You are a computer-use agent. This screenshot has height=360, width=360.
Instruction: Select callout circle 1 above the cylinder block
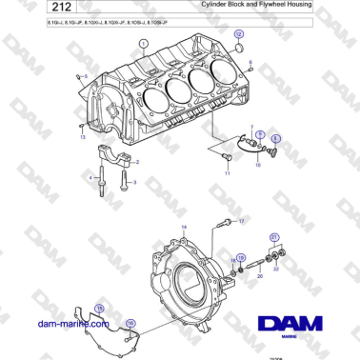[x=143, y=44]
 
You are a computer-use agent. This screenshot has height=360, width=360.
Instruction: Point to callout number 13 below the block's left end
[x=82, y=138]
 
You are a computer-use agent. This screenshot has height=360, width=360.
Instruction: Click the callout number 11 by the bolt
[x=228, y=174]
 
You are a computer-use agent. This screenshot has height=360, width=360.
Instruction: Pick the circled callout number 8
[x=276, y=138]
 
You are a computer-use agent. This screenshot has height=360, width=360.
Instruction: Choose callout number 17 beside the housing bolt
[x=241, y=221]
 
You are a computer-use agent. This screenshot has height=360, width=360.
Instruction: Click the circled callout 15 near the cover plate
[x=98, y=308]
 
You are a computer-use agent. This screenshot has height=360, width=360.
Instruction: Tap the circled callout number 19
[x=241, y=258]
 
